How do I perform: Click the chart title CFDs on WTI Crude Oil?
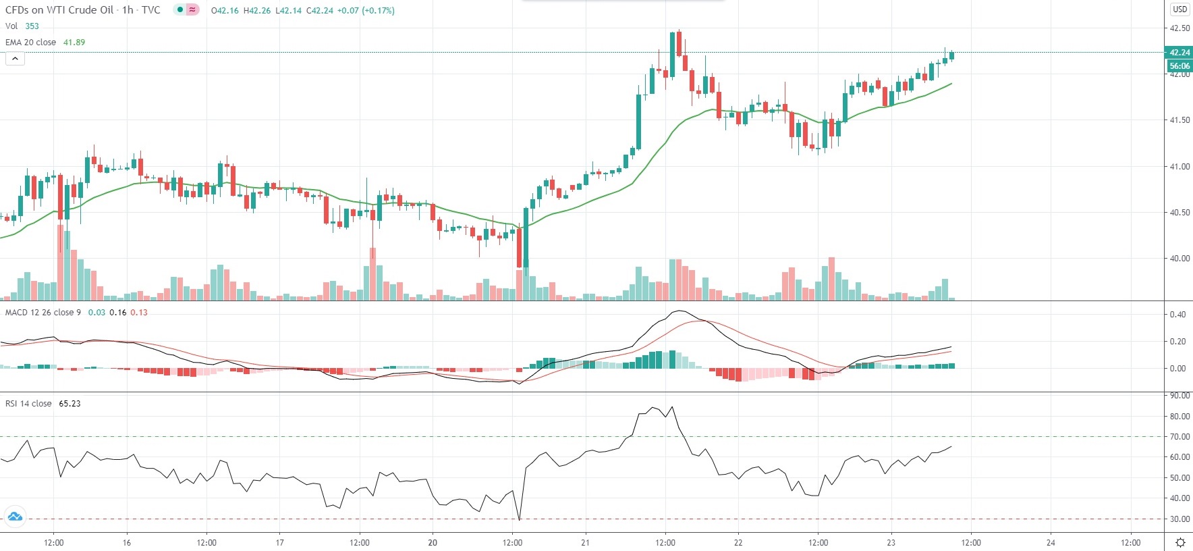(59, 10)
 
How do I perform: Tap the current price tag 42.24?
(1179, 53)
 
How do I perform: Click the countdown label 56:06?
(1179, 66)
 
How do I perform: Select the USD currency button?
(1180, 9)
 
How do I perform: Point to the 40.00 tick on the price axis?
(1180, 258)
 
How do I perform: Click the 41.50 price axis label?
(1180, 120)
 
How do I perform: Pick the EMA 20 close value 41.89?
(74, 42)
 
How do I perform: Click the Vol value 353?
(32, 26)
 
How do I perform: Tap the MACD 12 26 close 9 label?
(43, 313)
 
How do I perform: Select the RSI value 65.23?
(70, 404)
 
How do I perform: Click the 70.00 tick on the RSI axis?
(1180, 437)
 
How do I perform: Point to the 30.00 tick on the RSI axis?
(1180, 519)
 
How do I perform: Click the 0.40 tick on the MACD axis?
(1177, 315)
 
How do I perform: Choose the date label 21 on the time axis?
(585, 542)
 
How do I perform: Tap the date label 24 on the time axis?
(1051, 542)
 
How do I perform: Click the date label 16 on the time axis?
(127, 542)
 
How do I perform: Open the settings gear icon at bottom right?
(1180, 542)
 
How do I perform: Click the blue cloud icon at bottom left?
(14, 517)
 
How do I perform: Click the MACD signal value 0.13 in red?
(139, 313)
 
